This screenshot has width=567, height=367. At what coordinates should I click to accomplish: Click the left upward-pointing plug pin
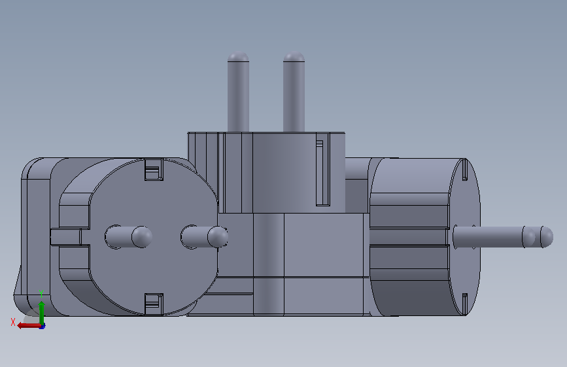tap(238, 92)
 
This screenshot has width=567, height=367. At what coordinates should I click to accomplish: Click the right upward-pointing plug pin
tap(294, 92)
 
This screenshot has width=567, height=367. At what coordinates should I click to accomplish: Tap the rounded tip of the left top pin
tap(238, 56)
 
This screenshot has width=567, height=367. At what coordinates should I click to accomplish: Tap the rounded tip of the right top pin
tap(294, 56)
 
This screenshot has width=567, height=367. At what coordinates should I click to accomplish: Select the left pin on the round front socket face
tap(128, 237)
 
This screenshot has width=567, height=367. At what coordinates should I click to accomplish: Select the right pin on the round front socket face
tap(204, 237)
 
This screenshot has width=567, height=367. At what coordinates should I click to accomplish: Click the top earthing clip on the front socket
tap(154, 169)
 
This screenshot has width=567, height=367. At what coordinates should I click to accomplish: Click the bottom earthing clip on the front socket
tap(154, 304)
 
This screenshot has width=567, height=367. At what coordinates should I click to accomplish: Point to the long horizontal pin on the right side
tap(503, 237)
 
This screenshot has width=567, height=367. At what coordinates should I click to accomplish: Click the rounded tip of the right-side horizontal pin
tap(547, 237)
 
